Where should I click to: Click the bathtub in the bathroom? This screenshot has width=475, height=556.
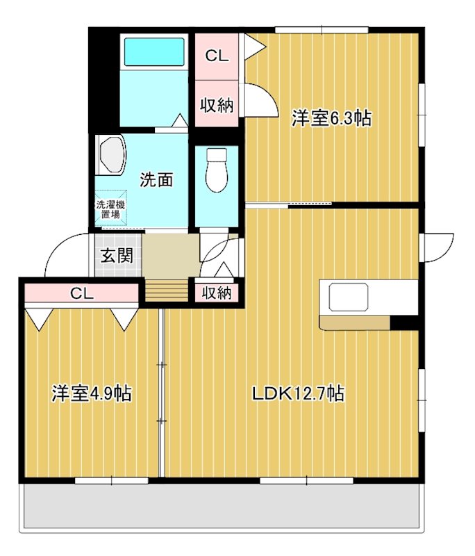point(154,51)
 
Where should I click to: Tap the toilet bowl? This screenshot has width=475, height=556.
point(217,170)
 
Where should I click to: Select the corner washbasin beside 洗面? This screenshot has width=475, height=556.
point(111,154)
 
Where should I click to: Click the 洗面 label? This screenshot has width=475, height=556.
point(156,180)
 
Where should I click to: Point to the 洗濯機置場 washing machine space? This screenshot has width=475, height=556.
point(111,209)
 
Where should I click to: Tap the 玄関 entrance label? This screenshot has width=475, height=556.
point(117,255)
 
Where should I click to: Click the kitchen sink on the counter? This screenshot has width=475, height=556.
point(349,297)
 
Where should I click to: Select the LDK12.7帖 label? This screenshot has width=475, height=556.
point(298,393)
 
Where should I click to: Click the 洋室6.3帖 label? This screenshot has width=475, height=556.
point(331,118)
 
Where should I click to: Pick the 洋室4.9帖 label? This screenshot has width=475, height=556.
point(92,393)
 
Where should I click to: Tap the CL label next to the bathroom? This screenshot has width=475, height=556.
point(217,56)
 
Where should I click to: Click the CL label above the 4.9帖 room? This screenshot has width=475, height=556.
point(82,293)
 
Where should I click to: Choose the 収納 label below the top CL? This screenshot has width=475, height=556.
point(217,105)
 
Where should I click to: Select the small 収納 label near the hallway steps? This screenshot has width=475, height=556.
point(217,293)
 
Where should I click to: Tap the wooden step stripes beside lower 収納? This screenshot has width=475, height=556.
point(167,291)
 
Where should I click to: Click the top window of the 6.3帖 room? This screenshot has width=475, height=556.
point(322,30)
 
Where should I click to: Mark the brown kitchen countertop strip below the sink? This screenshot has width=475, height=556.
point(355,322)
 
